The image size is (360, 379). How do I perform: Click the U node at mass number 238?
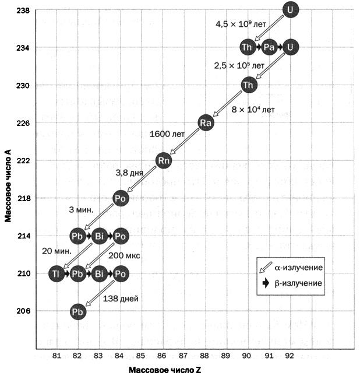(290, 9)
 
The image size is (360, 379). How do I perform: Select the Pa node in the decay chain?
(269, 47)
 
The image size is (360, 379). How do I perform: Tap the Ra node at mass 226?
(206, 123)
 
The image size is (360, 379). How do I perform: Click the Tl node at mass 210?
(57, 273)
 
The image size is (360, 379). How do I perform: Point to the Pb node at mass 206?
(77, 311)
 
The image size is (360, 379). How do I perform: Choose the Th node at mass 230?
(248, 85)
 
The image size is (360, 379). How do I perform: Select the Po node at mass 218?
(120, 198)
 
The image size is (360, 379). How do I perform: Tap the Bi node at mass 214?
(98, 236)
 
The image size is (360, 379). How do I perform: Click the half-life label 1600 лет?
(167, 134)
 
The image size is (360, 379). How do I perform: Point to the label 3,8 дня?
(129, 173)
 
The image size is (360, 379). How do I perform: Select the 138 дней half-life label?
(121, 298)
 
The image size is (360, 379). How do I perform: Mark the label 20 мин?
(57, 251)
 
